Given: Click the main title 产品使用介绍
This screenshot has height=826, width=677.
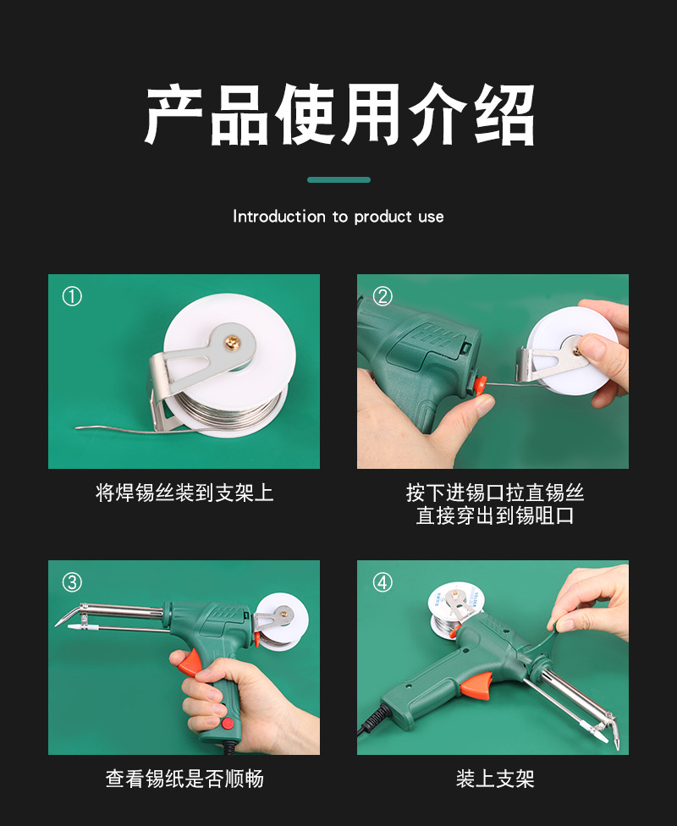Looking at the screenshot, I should pyautogui.click(x=338, y=116).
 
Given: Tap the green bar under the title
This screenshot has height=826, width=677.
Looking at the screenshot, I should pyautogui.click(x=338, y=180).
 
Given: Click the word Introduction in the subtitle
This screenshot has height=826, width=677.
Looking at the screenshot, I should pyautogui.click(x=279, y=217).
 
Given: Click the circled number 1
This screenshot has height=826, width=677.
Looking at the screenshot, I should pyautogui.click(x=73, y=296).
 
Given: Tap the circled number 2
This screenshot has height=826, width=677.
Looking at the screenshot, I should pyautogui.click(x=383, y=296).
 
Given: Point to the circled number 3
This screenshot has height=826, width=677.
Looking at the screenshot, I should pyautogui.click(x=73, y=582).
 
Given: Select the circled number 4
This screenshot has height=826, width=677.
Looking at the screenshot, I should pyautogui.click(x=383, y=582).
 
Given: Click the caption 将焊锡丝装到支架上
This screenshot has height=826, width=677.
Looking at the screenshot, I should pyautogui.click(x=184, y=493).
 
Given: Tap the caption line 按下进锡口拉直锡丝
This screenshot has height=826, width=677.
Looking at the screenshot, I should pyautogui.click(x=494, y=493).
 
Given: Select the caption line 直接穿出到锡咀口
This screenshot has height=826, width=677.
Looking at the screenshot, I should pyautogui.click(x=494, y=515).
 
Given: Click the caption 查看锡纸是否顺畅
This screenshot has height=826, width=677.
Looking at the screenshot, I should pyautogui.click(x=184, y=779).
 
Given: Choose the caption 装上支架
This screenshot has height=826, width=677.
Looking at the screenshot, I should pyautogui.click(x=494, y=779).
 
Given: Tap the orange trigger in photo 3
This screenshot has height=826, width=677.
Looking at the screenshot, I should pyautogui.click(x=192, y=661).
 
